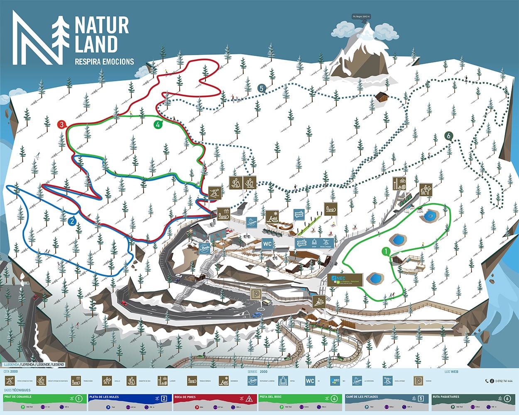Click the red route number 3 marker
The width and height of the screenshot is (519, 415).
pyautogui.click(x=62, y=124)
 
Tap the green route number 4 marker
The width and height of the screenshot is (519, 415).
pyautogui.click(x=158, y=124)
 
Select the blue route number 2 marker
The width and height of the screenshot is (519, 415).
pyautogui.click(x=72, y=221)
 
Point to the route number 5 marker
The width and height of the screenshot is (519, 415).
pyautogui.click(x=261, y=88)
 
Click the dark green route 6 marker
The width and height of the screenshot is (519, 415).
pyautogui.click(x=448, y=136)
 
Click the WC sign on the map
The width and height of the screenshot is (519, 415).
pyautogui.click(x=267, y=244)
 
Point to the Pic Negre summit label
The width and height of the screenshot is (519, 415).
pyautogui.click(x=361, y=17)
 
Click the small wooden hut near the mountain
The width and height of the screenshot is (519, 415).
pyautogui.click(x=381, y=97)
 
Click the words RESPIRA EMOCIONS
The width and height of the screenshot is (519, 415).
pyautogui.click(x=104, y=61)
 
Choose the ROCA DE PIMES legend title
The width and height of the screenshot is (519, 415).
pyautogui.click(x=185, y=397)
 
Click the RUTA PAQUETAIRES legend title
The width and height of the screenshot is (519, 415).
pyautogui.click(x=446, y=397)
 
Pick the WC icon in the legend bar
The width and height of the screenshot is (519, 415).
pyautogui.click(x=310, y=381)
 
